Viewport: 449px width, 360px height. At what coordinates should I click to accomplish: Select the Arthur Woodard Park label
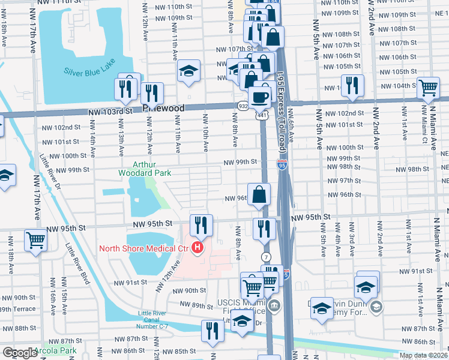coord(152,169)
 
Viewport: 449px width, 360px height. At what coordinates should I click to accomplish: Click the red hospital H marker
coord(197,247)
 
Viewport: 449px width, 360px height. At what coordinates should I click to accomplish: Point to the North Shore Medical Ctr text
coord(144,248)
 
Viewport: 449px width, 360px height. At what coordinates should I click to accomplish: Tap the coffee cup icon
coord(259,97)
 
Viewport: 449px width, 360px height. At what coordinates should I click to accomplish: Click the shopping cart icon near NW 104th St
coord(428,87)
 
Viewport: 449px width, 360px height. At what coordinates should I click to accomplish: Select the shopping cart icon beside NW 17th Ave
coord(36,240)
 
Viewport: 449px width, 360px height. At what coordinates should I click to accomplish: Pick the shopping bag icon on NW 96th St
coord(259,194)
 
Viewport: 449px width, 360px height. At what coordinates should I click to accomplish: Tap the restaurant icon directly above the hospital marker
coord(200,225)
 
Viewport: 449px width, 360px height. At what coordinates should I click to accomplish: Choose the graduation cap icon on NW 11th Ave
coord(188,71)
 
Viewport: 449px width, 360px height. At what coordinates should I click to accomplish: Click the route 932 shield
coord(241,106)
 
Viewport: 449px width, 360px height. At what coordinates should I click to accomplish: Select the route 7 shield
coord(266,257)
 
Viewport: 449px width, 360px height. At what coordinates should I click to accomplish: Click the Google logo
coord(19,353)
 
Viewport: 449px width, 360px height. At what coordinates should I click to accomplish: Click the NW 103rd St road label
coord(109,112)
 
